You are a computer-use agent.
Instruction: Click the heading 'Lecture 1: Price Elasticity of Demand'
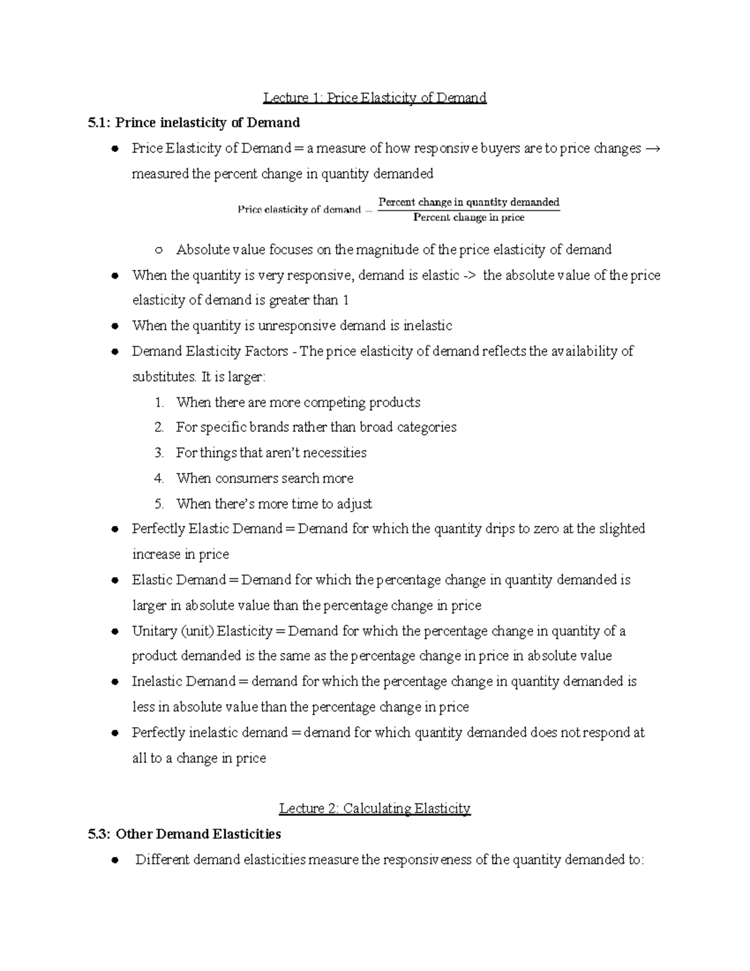[x=374, y=98]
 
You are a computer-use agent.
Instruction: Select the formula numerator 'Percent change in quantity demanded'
[x=469, y=202]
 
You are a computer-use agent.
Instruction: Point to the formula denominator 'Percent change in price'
[x=469, y=218]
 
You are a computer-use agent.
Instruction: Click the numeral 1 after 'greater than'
[x=345, y=301]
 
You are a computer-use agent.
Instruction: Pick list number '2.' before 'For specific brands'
[x=159, y=428]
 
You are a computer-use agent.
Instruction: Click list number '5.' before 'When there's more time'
[x=159, y=504]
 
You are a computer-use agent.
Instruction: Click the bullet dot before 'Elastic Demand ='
[x=114, y=581]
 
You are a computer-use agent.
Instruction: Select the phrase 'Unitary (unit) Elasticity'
[x=202, y=631]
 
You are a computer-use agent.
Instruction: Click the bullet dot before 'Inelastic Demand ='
[x=114, y=682]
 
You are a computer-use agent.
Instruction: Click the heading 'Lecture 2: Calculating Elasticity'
[x=374, y=808]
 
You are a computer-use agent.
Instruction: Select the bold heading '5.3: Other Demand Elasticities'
[x=184, y=834]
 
